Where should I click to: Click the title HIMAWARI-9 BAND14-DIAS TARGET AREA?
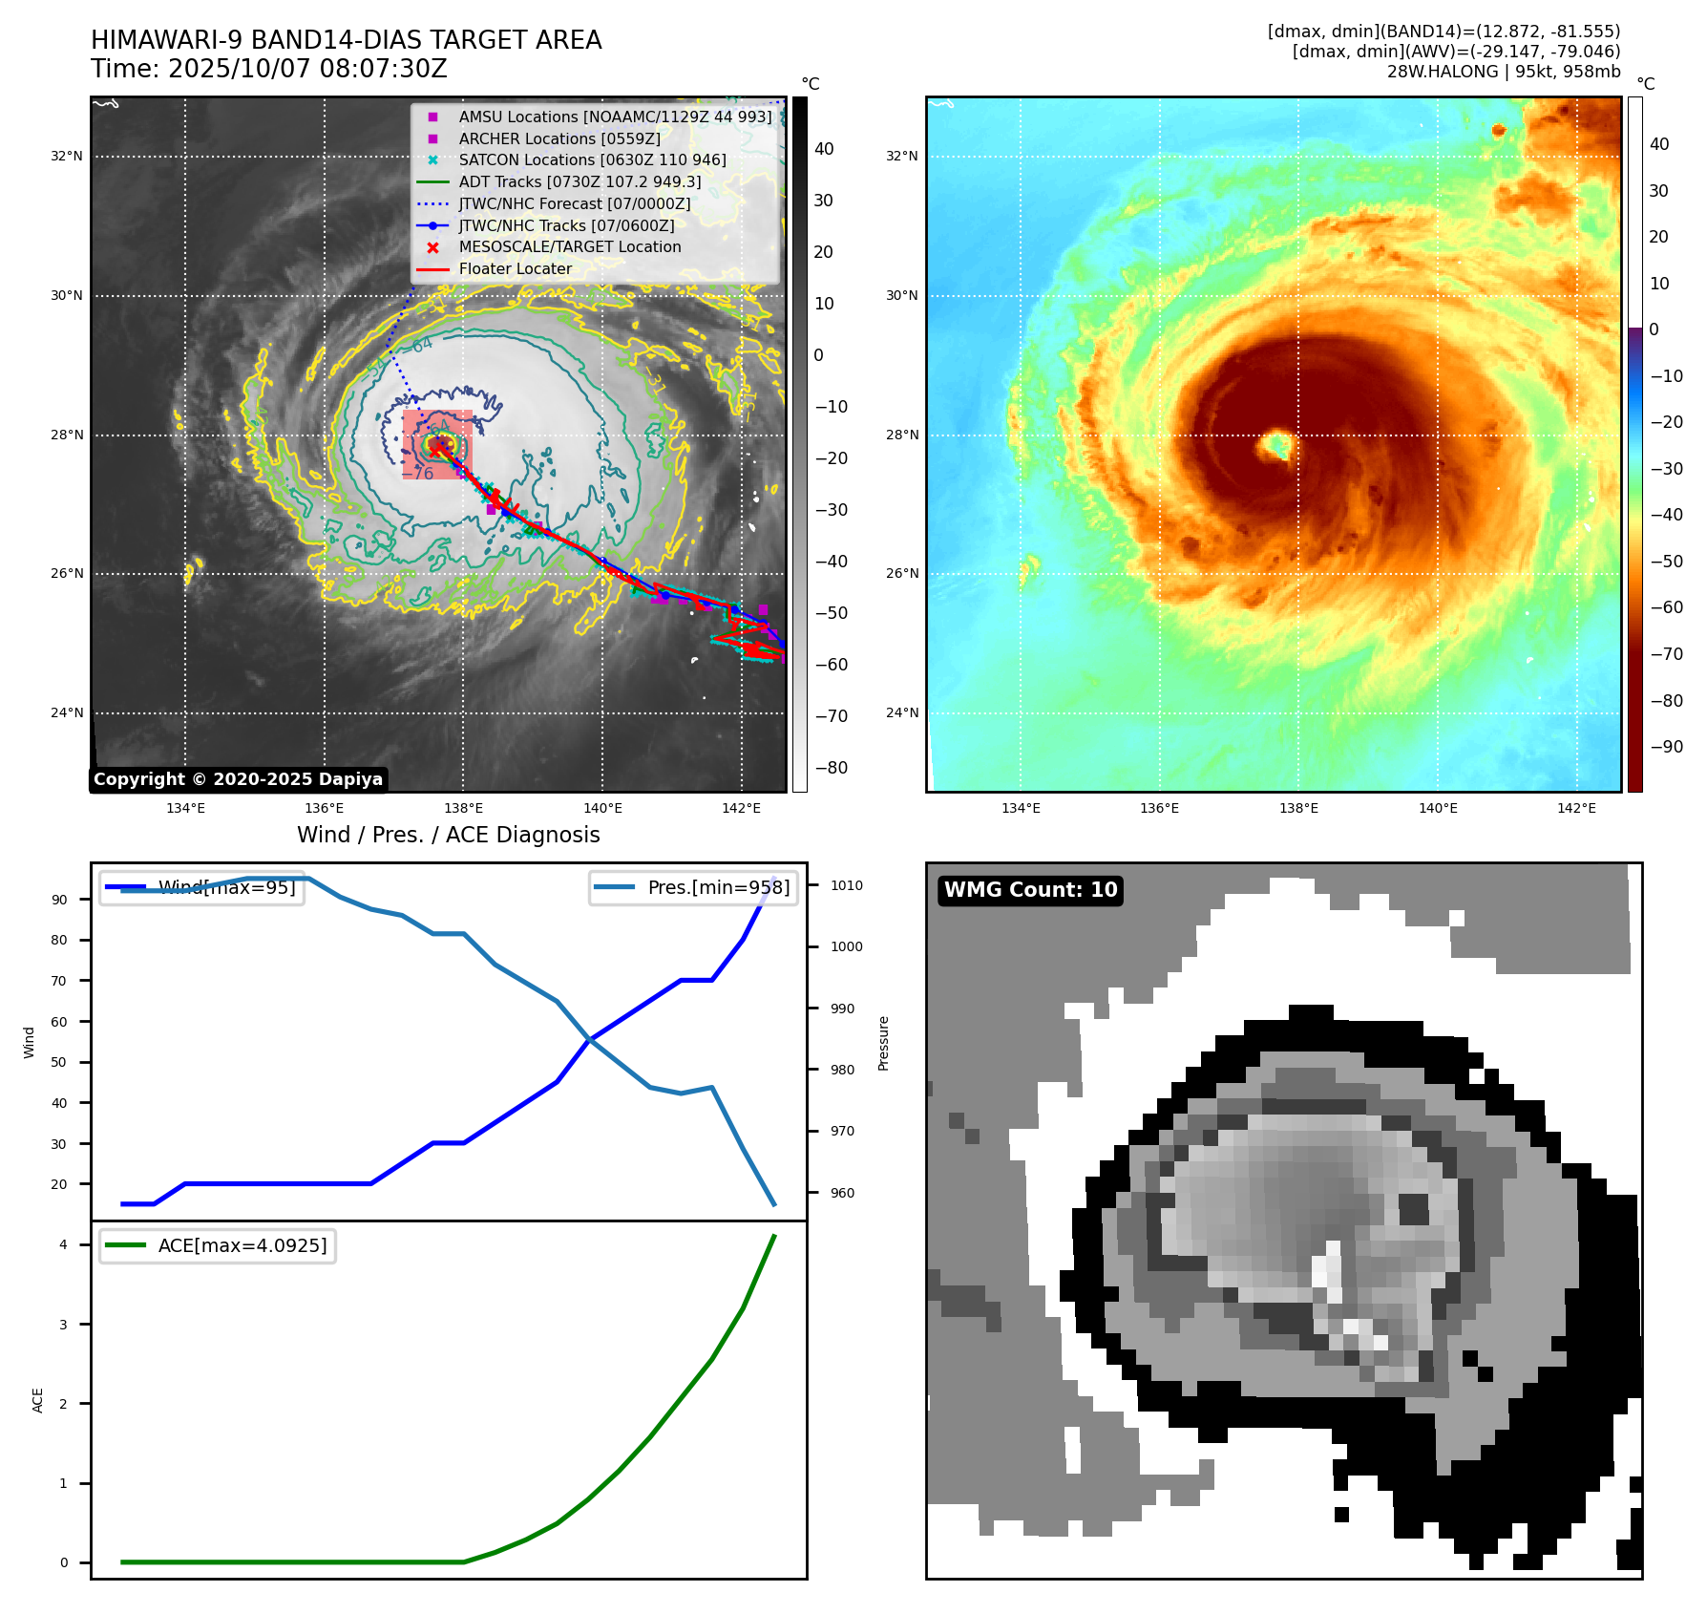(x=346, y=40)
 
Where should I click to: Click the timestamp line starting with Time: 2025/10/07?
(x=268, y=69)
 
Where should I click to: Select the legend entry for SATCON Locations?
(x=592, y=160)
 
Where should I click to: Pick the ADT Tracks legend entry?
(x=580, y=181)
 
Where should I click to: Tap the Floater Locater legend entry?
(x=515, y=269)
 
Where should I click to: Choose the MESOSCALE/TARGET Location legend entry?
(x=570, y=247)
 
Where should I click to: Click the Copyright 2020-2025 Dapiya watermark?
(x=238, y=779)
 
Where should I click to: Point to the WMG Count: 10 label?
(x=1030, y=890)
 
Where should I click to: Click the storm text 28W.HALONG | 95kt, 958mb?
(x=1503, y=72)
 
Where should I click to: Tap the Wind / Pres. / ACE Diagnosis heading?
(x=448, y=835)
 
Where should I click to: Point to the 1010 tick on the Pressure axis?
(x=846, y=885)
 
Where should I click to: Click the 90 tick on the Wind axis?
(x=59, y=900)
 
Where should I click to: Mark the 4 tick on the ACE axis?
(x=63, y=1244)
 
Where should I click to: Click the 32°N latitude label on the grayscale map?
(x=67, y=157)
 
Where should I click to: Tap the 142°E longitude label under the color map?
(x=1576, y=808)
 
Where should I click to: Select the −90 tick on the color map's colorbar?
(x=1666, y=747)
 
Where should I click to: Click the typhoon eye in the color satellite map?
(x=1275, y=444)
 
